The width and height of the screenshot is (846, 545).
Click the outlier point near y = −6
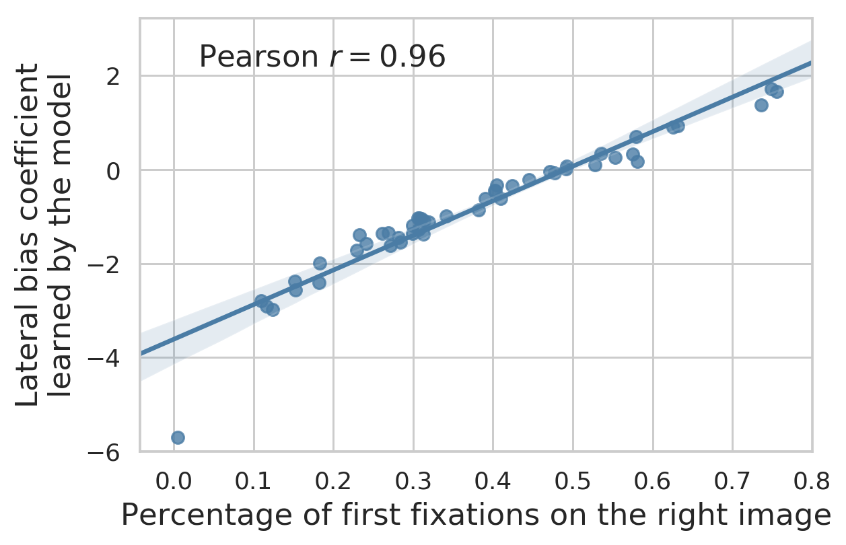(x=178, y=437)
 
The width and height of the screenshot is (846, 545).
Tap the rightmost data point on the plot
(x=777, y=92)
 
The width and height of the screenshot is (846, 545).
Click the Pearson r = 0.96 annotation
(x=322, y=58)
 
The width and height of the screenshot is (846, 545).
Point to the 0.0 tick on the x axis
(x=174, y=481)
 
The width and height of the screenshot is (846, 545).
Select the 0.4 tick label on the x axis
(x=493, y=481)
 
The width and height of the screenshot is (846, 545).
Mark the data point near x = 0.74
(x=761, y=105)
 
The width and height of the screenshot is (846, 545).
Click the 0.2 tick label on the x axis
(x=333, y=481)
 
